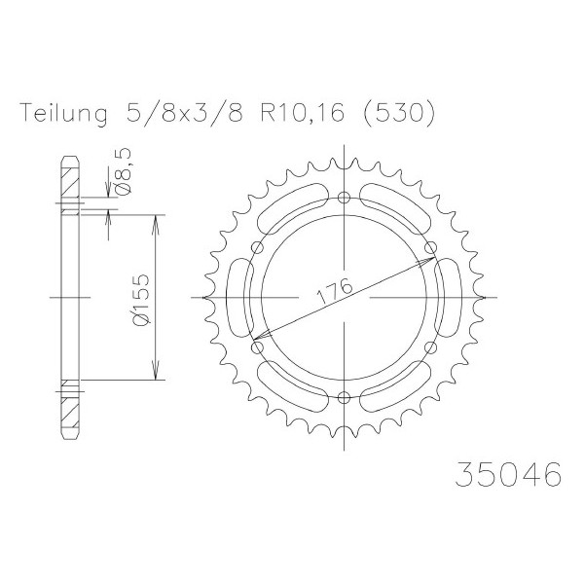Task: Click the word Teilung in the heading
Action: [x=65, y=113]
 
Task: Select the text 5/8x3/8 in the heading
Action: [x=184, y=112]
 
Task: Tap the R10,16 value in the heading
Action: [x=302, y=113]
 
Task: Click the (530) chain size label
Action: [x=397, y=112]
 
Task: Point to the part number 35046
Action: [x=508, y=474]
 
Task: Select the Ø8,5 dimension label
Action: [x=124, y=170]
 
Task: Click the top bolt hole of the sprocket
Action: [x=344, y=197]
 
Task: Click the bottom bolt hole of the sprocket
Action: [x=344, y=398]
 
